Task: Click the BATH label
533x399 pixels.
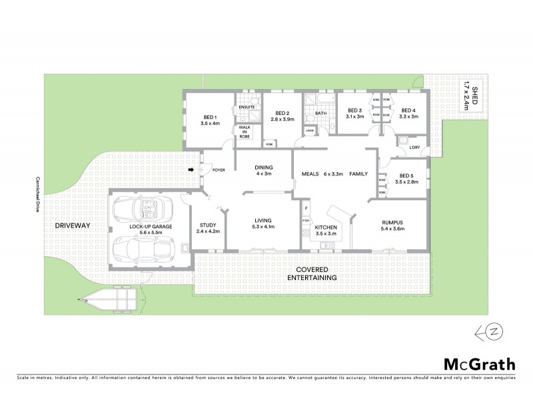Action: pos(320,113)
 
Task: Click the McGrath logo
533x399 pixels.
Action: pos(480,364)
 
